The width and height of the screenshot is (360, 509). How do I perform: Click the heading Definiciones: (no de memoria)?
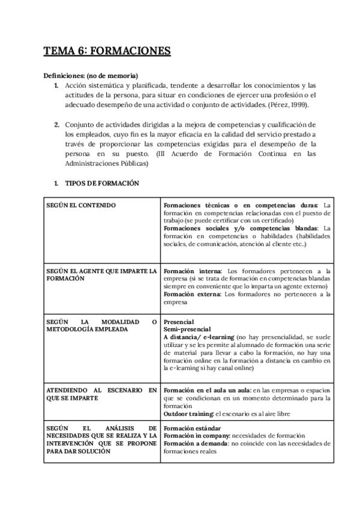click(x=91, y=76)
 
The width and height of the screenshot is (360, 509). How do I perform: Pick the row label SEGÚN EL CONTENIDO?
click(x=81, y=205)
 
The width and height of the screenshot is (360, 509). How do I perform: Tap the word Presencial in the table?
click(x=179, y=322)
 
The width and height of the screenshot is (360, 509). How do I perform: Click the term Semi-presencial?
click(x=187, y=330)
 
